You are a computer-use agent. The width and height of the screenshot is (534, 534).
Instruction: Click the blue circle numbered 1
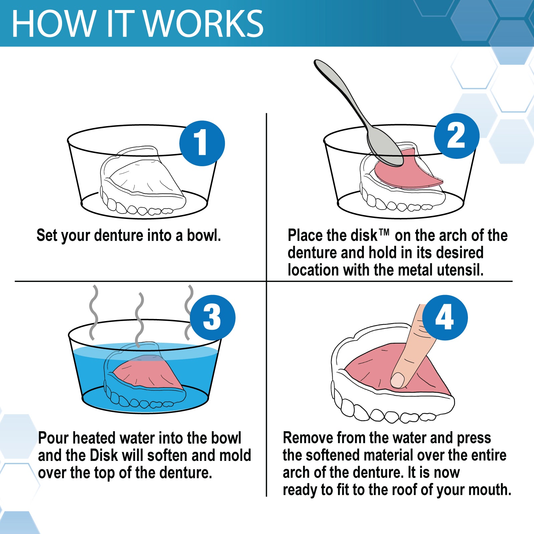[x=202, y=143]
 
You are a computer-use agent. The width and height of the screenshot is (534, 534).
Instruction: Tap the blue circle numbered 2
[x=457, y=136]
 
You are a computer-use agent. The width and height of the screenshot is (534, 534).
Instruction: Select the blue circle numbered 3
[x=213, y=317]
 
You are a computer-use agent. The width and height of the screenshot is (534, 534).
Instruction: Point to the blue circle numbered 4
[x=445, y=317]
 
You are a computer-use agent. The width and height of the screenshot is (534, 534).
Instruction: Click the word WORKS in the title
[x=203, y=24]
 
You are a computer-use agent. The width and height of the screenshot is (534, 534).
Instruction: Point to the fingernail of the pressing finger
[x=397, y=380]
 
